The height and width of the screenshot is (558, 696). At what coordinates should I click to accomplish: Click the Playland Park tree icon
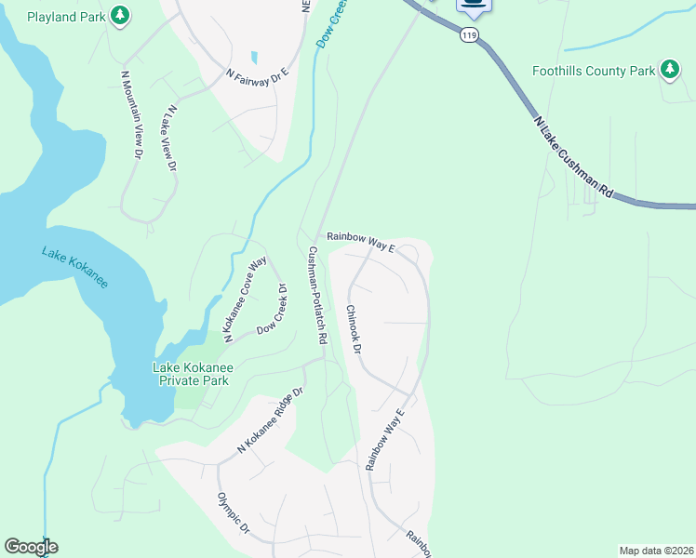pos(119,15)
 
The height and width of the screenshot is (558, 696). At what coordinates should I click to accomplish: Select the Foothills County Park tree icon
pos(669,70)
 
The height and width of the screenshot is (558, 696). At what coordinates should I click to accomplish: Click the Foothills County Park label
pos(594,71)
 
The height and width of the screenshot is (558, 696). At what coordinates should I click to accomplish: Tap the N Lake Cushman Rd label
pos(574,156)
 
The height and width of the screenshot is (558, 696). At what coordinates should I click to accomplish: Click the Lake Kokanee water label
pos(74,266)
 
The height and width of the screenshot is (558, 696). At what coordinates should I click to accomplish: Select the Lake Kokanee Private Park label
pos(193,374)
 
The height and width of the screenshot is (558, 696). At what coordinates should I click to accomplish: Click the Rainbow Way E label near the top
pos(361,243)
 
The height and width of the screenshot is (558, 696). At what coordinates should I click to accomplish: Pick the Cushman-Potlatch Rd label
pos(316,296)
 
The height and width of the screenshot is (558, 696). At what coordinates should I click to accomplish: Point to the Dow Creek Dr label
pos(274,314)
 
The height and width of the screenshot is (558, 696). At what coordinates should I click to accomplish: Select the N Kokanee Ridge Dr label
pos(270,420)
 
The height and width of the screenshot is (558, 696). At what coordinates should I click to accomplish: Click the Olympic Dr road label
pos(234,512)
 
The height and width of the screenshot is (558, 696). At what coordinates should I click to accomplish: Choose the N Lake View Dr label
pos(167,139)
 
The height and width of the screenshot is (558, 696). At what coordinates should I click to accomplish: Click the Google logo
pos(31,547)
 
